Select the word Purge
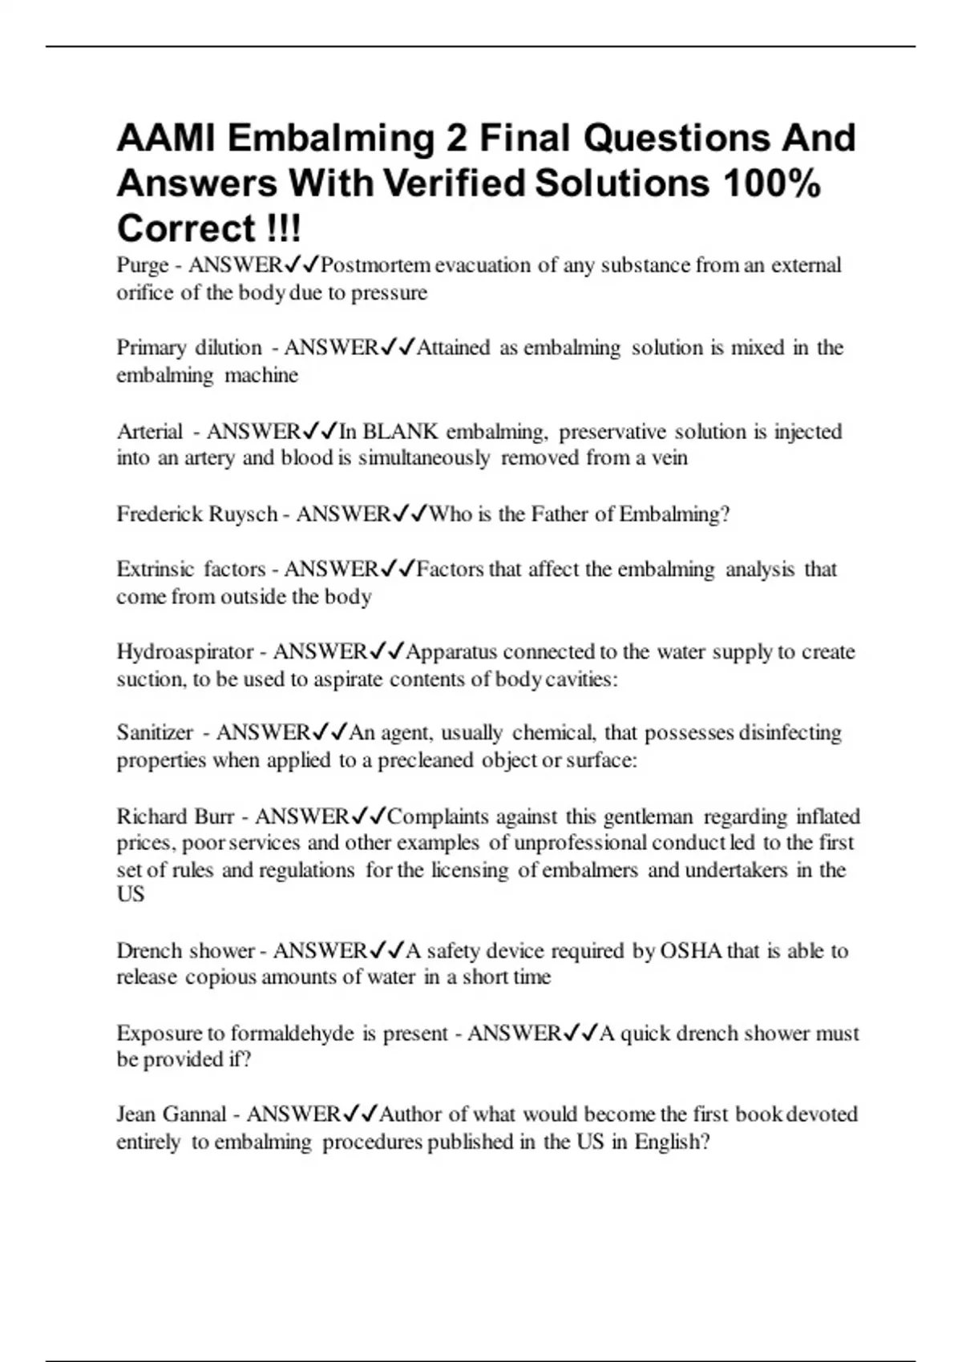tap(143, 265)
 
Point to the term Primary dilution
tap(189, 348)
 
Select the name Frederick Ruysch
tap(196, 514)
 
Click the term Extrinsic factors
tap(191, 570)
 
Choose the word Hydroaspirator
tap(185, 652)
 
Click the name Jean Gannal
tap(172, 1114)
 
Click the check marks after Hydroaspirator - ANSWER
tap(386, 652)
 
